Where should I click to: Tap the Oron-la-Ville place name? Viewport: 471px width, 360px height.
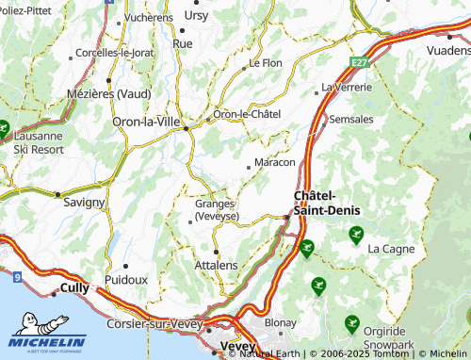tap(147, 123)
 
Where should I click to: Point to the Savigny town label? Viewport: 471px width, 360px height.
tap(83, 202)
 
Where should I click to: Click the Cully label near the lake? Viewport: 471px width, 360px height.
tap(73, 288)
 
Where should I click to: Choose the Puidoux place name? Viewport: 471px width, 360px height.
tap(127, 280)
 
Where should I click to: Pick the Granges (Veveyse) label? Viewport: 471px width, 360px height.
tap(217, 209)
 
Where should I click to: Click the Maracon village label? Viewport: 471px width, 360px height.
tap(275, 163)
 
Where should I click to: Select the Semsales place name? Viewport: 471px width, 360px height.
tap(351, 120)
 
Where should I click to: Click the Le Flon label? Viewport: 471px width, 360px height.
tap(266, 63)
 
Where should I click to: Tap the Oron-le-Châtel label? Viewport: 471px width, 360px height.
tap(248, 114)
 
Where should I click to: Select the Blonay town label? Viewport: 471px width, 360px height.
tap(281, 322)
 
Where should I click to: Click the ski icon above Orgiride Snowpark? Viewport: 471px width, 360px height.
tap(351, 323)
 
